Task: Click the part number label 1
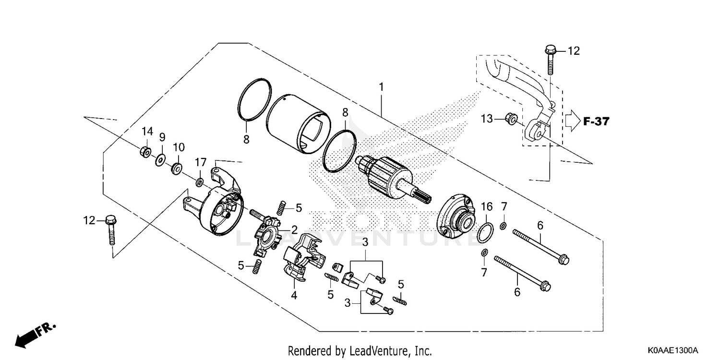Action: (381, 87)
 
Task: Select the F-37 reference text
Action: (596, 121)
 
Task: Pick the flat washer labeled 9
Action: (160, 159)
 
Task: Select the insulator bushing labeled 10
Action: (176, 168)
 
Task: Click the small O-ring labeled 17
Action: (199, 182)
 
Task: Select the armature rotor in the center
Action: (389, 178)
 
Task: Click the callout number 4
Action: (294, 296)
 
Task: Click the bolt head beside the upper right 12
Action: (550, 50)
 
